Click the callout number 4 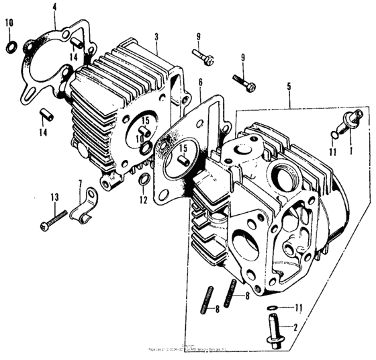(x=55, y=8)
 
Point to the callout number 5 (x=289, y=86)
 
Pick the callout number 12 (x=143, y=200)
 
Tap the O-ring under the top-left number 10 (x=11, y=46)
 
